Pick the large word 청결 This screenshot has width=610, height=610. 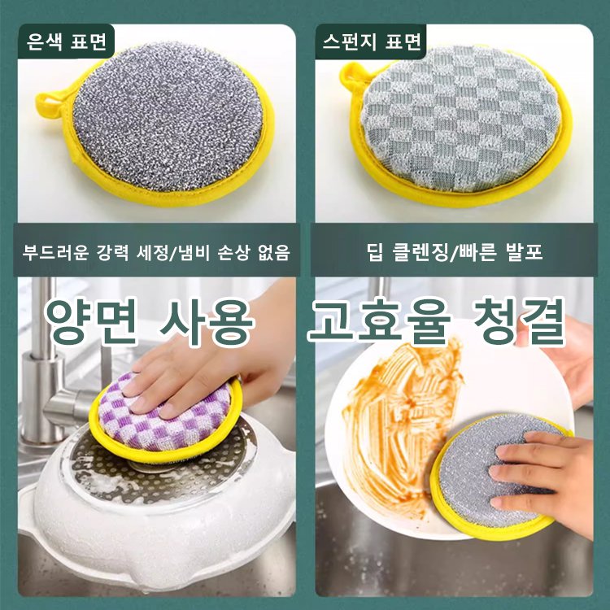[x=521, y=322]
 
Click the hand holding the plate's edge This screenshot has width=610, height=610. [x=573, y=358]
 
